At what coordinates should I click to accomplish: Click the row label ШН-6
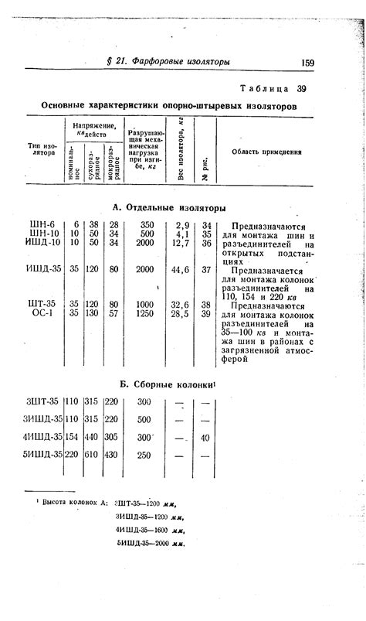click(43, 224)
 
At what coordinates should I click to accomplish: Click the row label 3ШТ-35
click(42, 401)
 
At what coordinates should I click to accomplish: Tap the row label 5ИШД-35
click(42, 455)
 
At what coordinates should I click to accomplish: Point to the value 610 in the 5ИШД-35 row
click(92, 455)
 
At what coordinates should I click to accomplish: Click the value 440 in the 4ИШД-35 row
click(92, 437)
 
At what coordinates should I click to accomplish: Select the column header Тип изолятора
click(43, 148)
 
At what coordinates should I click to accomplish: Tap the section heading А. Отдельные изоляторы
click(168, 207)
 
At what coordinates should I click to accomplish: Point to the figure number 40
click(205, 438)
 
